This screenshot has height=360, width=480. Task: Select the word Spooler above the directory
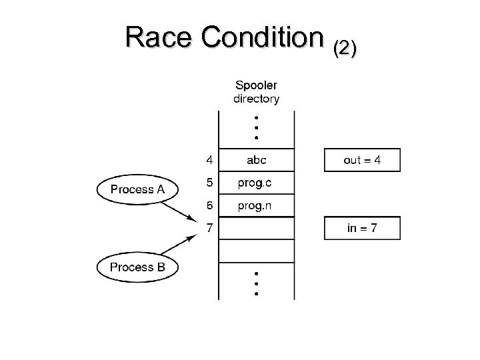pos(257,85)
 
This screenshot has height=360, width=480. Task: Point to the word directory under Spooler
pos(257,99)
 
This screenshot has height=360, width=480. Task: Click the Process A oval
pos(137,189)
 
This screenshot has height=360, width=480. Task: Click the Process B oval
pos(137,267)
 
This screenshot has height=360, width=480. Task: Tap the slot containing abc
pos(257,160)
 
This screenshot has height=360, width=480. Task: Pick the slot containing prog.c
pos(257,183)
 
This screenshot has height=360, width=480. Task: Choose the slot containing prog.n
pos(257,205)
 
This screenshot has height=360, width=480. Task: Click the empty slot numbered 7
pos(257,229)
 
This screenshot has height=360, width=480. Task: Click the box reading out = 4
pos(362,160)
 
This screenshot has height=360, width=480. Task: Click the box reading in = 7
pos(362,228)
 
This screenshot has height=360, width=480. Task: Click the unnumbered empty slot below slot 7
pos(257,251)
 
